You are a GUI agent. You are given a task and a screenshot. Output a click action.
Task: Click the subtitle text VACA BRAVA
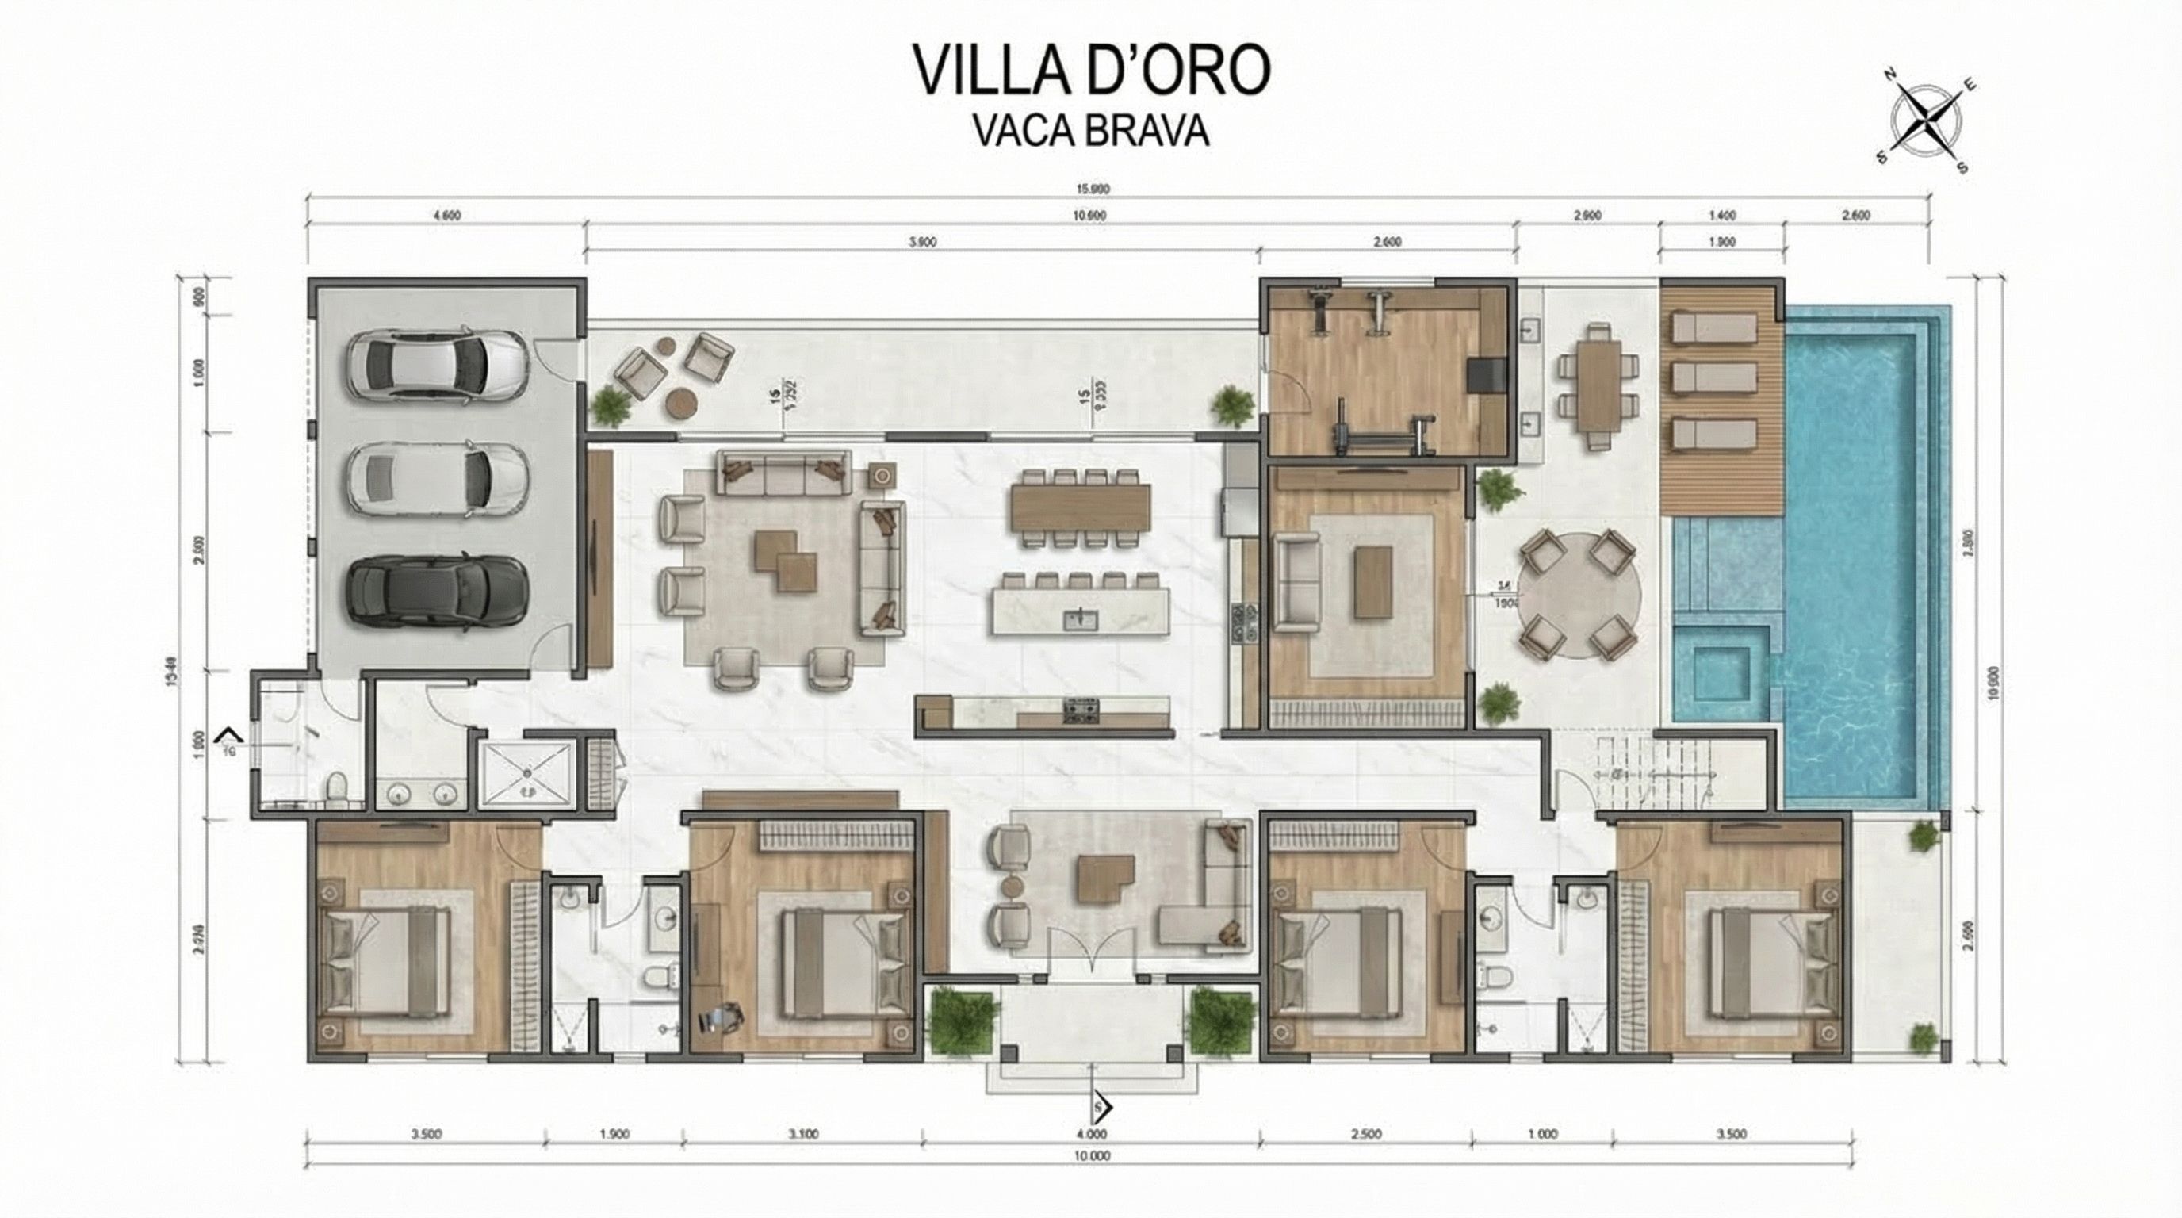point(1090,132)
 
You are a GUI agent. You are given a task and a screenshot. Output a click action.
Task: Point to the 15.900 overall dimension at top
point(1093,189)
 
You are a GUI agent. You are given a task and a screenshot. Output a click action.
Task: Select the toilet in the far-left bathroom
point(338,786)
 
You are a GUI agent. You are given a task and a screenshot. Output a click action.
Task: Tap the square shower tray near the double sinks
point(526,772)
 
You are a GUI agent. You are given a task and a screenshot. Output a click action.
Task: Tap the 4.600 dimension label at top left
point(446,215)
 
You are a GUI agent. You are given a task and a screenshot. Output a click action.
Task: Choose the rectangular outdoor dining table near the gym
point(1599,385)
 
